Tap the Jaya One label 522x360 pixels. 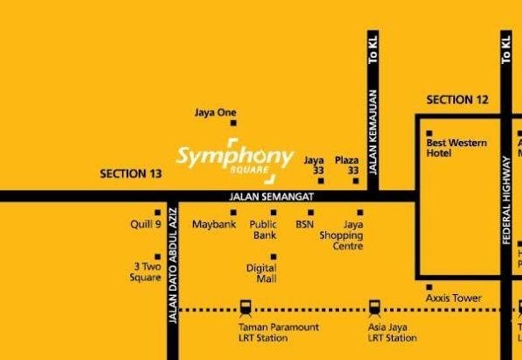[215, 112]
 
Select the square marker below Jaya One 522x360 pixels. [233, 123]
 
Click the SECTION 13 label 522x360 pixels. [130, 173]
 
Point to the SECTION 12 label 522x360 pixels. [457, 100]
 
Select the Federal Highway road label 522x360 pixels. [506, 202]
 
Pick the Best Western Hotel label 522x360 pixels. [456, 147]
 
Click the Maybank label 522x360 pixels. [214, 224]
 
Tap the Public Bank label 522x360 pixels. [264, 230]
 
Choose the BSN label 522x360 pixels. [305, 224]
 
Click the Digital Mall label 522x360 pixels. [261, 273]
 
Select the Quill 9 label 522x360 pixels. [146, 224]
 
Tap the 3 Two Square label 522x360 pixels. [147, 272]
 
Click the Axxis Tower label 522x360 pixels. [453, 298]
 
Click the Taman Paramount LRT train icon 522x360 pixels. [245, 307]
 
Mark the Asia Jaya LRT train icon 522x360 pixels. [374, 307]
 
